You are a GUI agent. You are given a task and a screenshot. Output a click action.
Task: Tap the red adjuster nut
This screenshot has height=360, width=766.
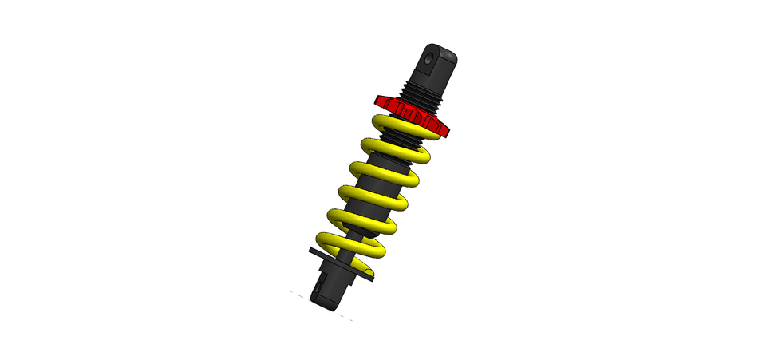[411, 114]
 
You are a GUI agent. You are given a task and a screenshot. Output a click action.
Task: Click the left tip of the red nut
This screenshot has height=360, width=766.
[376, 101]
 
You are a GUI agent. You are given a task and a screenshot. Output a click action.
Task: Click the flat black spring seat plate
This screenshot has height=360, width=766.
[319, 253]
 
